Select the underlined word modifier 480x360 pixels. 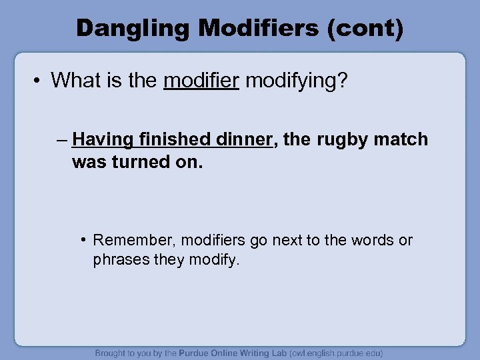pos(201,80)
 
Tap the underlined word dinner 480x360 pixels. pos(245,139)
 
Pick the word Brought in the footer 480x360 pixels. pos(111,353)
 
